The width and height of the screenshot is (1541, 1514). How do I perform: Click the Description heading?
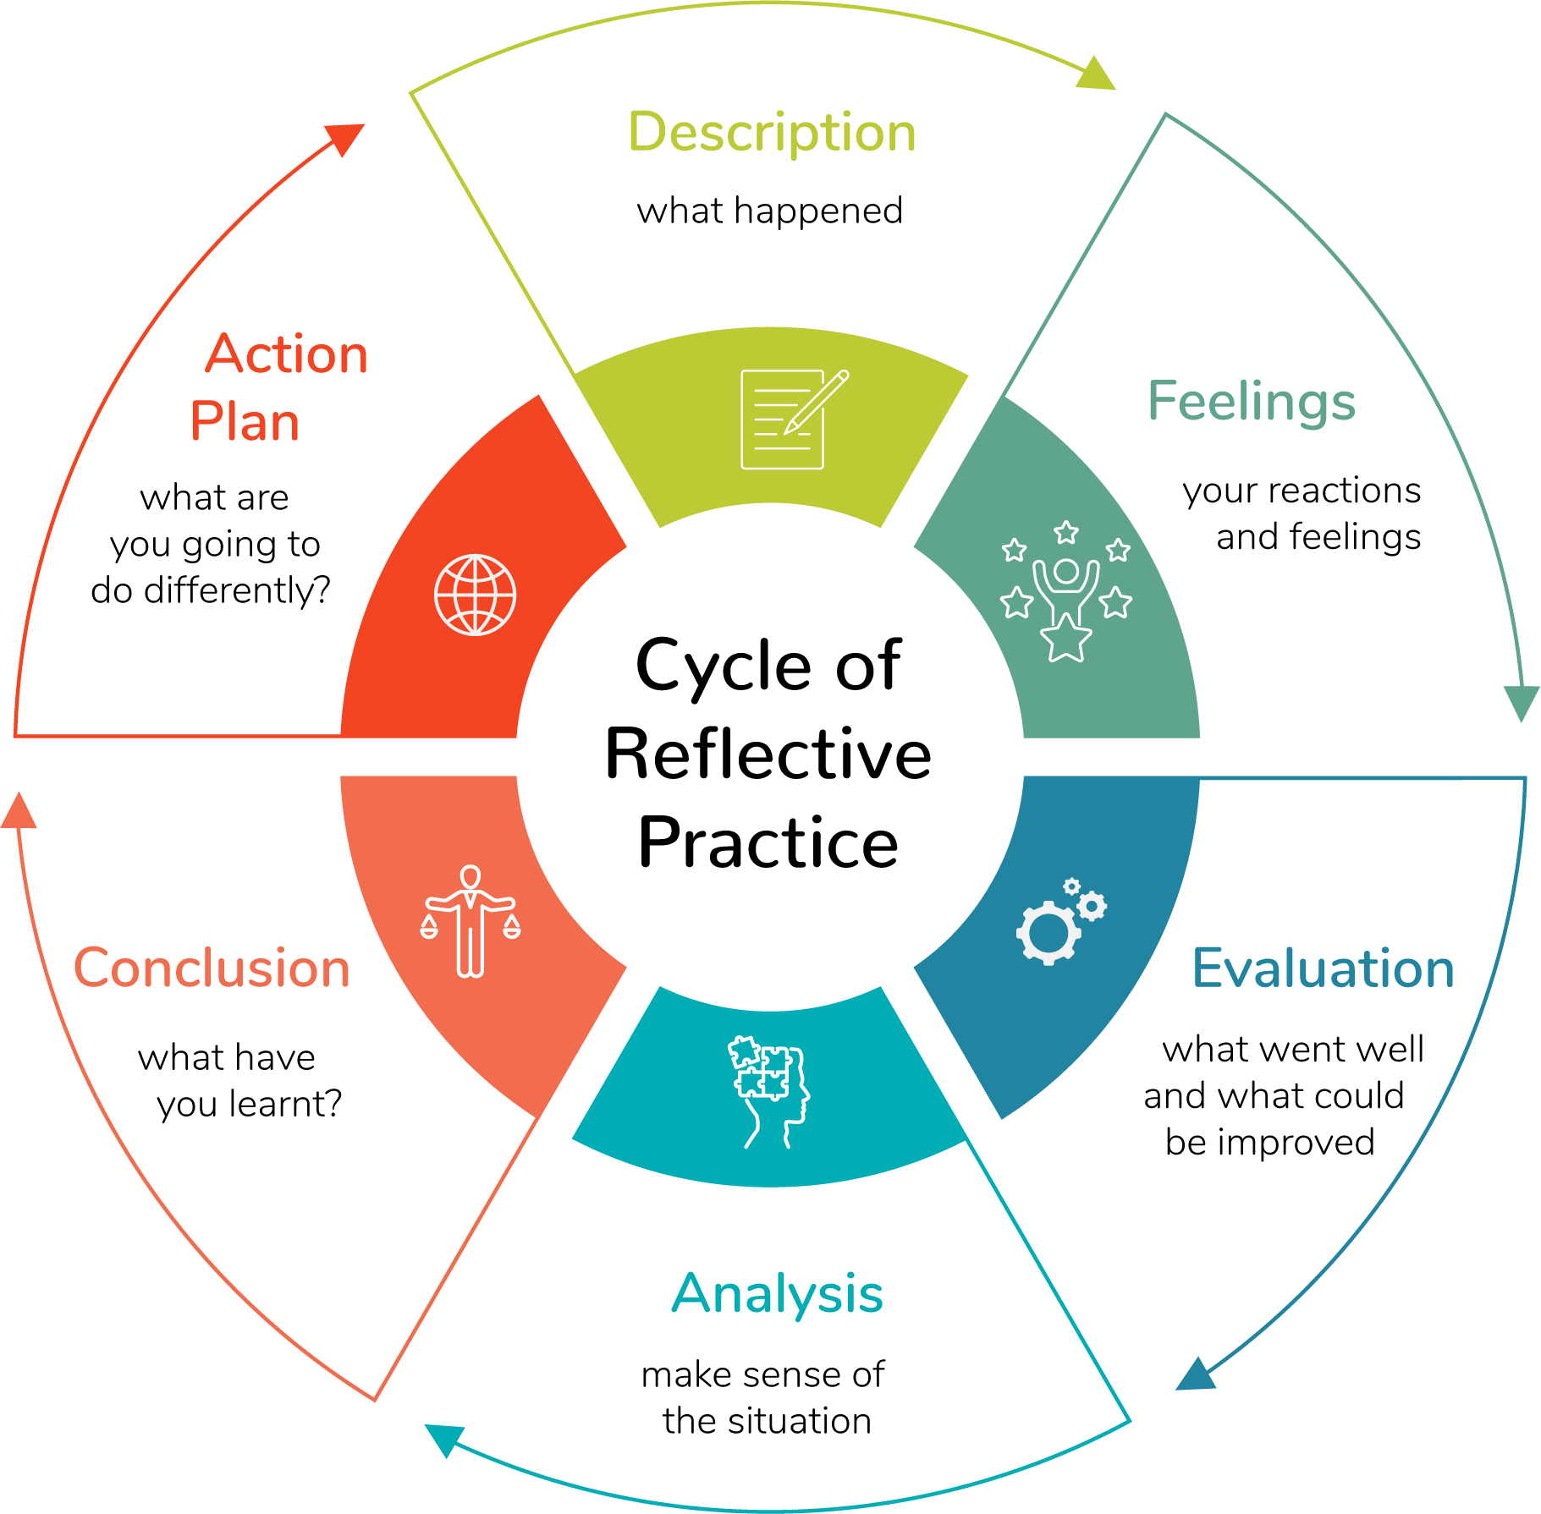point(772,134)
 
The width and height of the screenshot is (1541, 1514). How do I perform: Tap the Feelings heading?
point(1251,401)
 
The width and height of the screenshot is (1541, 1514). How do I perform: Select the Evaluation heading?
point(1323,968)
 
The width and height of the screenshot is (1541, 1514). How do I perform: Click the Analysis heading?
point(777,1294)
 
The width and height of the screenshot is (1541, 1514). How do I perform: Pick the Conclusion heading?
point(212,968)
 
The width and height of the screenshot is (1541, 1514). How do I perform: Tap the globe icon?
point(475,595)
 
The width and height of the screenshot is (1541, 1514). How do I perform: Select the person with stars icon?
point(1066,590)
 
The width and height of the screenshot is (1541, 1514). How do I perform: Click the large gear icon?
point(1048,932)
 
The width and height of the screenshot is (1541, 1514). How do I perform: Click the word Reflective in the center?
point(768,754)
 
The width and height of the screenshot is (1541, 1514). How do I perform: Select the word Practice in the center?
point(768,842)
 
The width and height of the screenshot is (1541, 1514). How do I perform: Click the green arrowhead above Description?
point(1097,74)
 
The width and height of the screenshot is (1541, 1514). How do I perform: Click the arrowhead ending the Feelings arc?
point(1521,702)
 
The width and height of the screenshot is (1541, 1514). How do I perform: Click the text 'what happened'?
point(769,211)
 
